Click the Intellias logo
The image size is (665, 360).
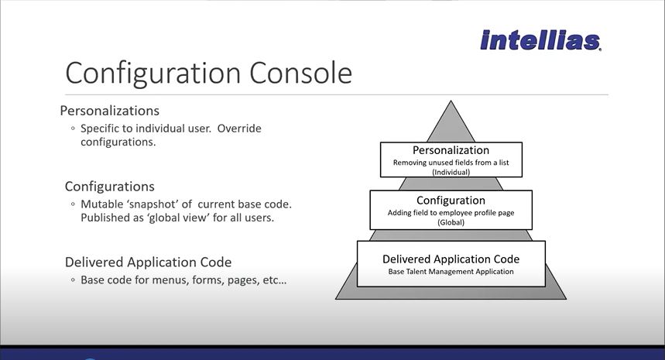tap(540, 40)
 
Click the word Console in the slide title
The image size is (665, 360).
tap(300, 73)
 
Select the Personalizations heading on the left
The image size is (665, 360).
tap(109, 111)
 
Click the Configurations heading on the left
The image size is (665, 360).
tap(109, 187)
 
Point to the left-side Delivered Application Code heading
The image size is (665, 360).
tap(148, 262)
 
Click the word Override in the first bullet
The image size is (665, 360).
tap(239, 129)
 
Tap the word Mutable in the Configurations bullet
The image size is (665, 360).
tap(101, 204)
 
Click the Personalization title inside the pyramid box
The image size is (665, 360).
tap(451, 150)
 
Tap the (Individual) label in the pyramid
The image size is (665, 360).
tap(451, 172)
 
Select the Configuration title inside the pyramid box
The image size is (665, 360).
tap(451, 201)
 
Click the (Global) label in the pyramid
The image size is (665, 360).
tap(451, 222)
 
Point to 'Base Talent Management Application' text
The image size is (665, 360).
tap(451, 272)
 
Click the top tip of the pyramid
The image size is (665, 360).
tap(451, 101)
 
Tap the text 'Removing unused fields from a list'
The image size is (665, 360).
tap(451, 163)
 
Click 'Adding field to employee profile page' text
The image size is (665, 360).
tap(451, 213)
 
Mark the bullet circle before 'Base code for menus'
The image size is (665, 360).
tap(73, 279)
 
